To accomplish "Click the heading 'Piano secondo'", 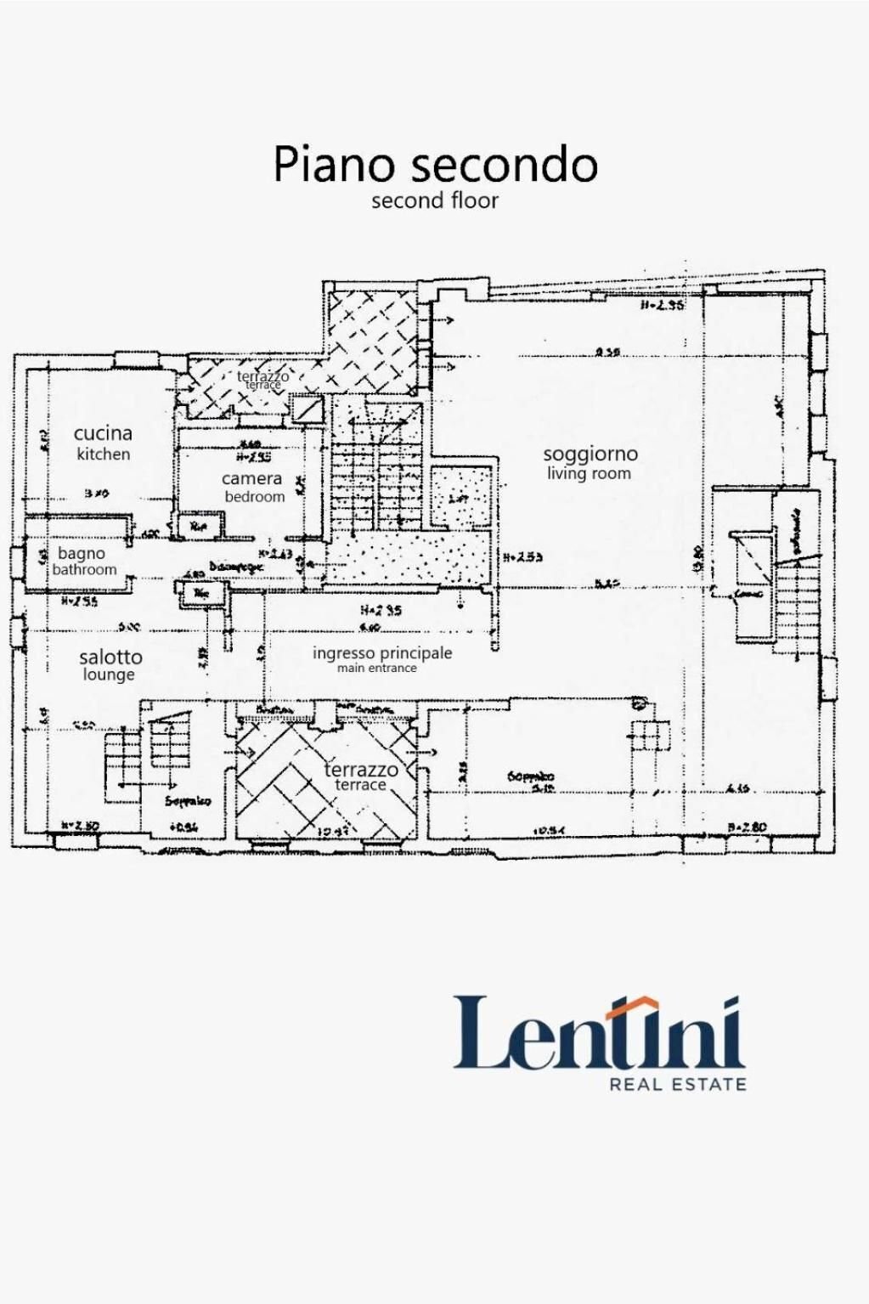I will [x=435, y=164].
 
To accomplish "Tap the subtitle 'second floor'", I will [x=434, y=201].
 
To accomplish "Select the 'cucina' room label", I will [x=103, y=433].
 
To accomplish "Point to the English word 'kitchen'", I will [x=103, y=454].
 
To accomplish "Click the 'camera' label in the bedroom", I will [x=251, y=478].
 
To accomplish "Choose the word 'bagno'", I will [x=82, y=553].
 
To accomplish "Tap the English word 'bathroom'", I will [x=84, y=570].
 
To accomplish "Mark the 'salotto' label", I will [x=110, y=657].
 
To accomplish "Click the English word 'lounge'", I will [x=109, y=675].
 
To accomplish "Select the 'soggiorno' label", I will [x=590, y=454].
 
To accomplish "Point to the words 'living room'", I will [x=589, y=473].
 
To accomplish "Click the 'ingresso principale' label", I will [x=382, y=652].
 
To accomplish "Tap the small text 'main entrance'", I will [x=376, y=669].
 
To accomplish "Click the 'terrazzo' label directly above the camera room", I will [x=262, y=375].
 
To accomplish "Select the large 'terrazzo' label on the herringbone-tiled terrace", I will [x=361, y=770].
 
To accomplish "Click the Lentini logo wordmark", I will [x=599, y=1033].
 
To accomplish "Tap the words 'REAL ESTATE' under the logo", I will [x=678, y=1084].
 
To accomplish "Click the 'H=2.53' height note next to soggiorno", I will [x=522, y=558].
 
